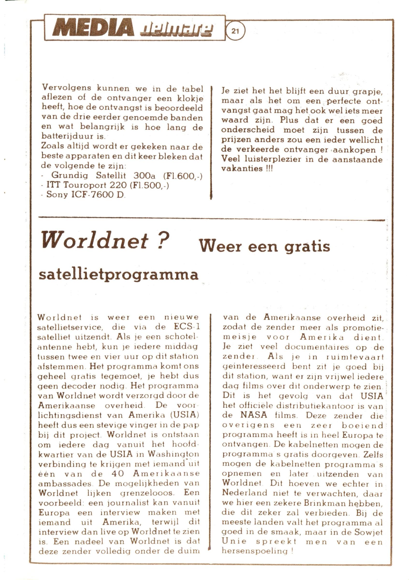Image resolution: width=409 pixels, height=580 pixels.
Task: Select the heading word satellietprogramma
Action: pos(118,275)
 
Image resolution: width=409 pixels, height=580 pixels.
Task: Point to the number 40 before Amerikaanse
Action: pos(117,473)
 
